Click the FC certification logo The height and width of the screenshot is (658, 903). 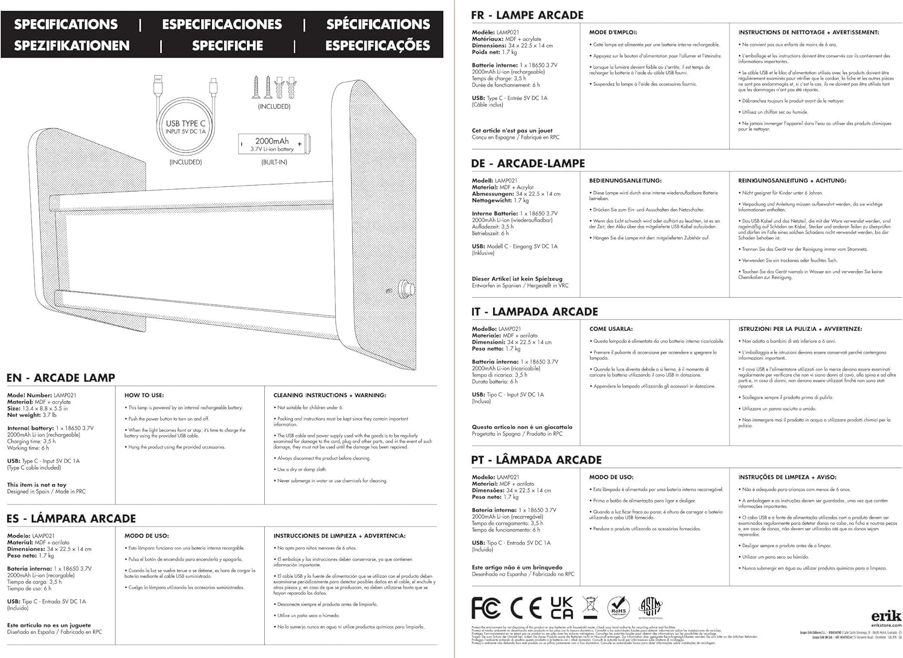coord(486,608)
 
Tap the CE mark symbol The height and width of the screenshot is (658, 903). coord(526,608)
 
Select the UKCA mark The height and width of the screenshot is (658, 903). coord(561,608)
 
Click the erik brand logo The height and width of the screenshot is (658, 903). coord(887,616)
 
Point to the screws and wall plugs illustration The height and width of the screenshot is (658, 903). coord(275,88)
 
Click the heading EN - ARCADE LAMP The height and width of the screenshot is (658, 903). coord(61,378)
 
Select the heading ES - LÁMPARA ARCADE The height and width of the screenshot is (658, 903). coord(71,518)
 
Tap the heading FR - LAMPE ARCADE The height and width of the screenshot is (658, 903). coord(527,15)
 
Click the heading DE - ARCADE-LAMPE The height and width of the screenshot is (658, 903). coord(528,163)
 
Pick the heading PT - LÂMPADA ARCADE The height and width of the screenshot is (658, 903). coord(536,460)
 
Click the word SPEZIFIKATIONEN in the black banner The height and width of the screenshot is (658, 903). coord(72,46)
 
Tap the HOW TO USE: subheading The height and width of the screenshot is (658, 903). coord(144,395)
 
